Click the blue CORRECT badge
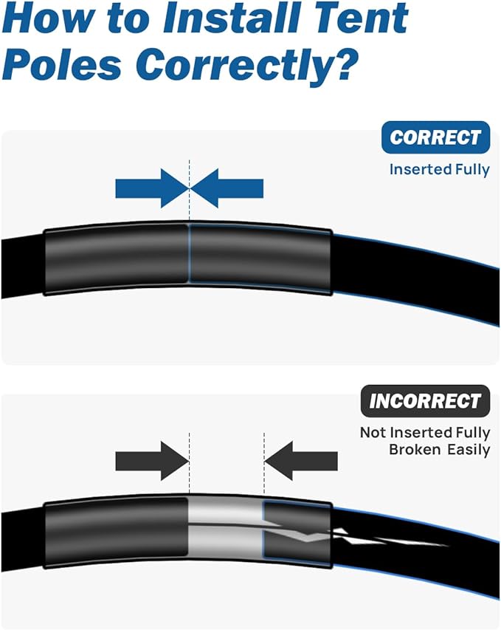pyautogui.click(x=435, y=137)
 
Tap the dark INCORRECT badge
pyautogui.click(x=425, y=401)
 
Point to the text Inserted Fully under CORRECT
pyautogui.click(x=440, y=170)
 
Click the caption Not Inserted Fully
pyautogui.click(x=425, y=432)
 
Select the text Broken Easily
pyautogui.click(x=440, y=449)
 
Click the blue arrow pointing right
pyautogui.click(x=152, y=188)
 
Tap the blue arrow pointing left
pyautogui.click(x=227, y=188)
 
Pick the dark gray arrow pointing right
pyautogui.click(x=152, y=461)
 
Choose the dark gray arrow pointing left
pyautogui.click(x=301, y=461)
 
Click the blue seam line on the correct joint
pyautogui.click(x=189, y=254)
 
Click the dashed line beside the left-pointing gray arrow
pyautogui.click(x=264, y=464)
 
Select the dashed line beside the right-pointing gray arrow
pyautogui.click(x=190, y=464)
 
